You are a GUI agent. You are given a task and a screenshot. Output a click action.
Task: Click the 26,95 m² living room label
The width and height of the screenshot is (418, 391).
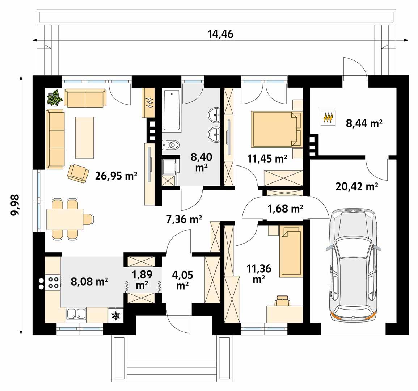coord(116,176)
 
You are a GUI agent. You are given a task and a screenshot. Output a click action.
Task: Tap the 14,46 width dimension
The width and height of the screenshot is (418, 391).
coord(220,34)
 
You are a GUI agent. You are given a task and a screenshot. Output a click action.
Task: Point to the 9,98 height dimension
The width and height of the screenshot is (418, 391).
coord(15,205)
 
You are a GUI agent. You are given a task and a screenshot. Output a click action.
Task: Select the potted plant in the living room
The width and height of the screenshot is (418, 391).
coord(55,98)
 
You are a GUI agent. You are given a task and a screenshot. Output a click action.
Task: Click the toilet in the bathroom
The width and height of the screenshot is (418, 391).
coord(171,145)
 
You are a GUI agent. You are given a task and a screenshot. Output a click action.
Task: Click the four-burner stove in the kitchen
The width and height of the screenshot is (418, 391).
coord(53,282)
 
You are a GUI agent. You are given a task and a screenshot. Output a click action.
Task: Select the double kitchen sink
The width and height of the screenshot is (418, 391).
coord(76,314)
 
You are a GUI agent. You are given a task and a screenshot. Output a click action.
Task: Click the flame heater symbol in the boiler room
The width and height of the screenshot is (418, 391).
coord(328,118)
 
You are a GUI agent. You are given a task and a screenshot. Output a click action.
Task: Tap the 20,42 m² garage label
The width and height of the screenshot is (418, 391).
coord(356,187)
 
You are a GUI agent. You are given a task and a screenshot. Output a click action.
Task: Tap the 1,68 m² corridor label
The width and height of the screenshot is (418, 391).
coord(285,209)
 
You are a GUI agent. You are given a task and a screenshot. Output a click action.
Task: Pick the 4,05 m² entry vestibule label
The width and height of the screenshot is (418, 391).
coord(183,280)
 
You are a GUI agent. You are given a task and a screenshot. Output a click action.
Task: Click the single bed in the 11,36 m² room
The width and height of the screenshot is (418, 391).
coord(291,252)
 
